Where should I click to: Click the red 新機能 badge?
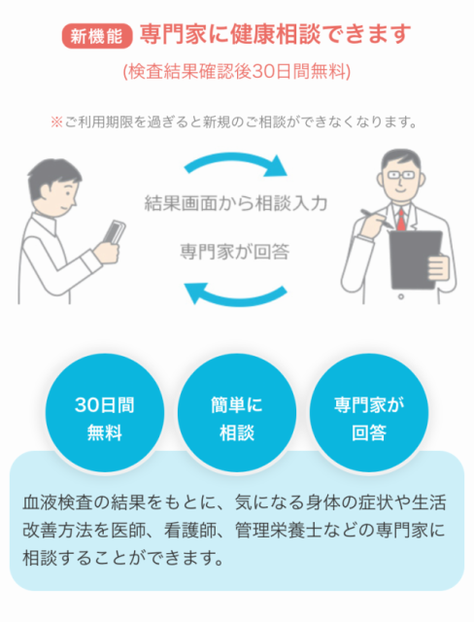tap(97, 36)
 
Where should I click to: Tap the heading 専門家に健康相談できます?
tap(275, 34)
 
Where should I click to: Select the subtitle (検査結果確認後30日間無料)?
tap(237, 72)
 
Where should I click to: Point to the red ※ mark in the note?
tap(56, 121)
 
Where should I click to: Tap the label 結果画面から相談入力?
tap(236, 203)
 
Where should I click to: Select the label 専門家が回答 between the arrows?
tap(235, 252)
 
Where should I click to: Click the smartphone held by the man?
tap(115, 232)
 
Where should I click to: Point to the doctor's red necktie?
tap(401, 221)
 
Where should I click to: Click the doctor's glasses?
tap(400, 175)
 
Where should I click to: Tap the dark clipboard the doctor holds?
tap(416, 259)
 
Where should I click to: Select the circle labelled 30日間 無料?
tap(105, 413)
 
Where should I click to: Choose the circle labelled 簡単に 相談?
tap(237, 413)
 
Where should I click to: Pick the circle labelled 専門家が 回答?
tap(369, 413)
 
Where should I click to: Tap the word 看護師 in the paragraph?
tap(189, 531)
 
